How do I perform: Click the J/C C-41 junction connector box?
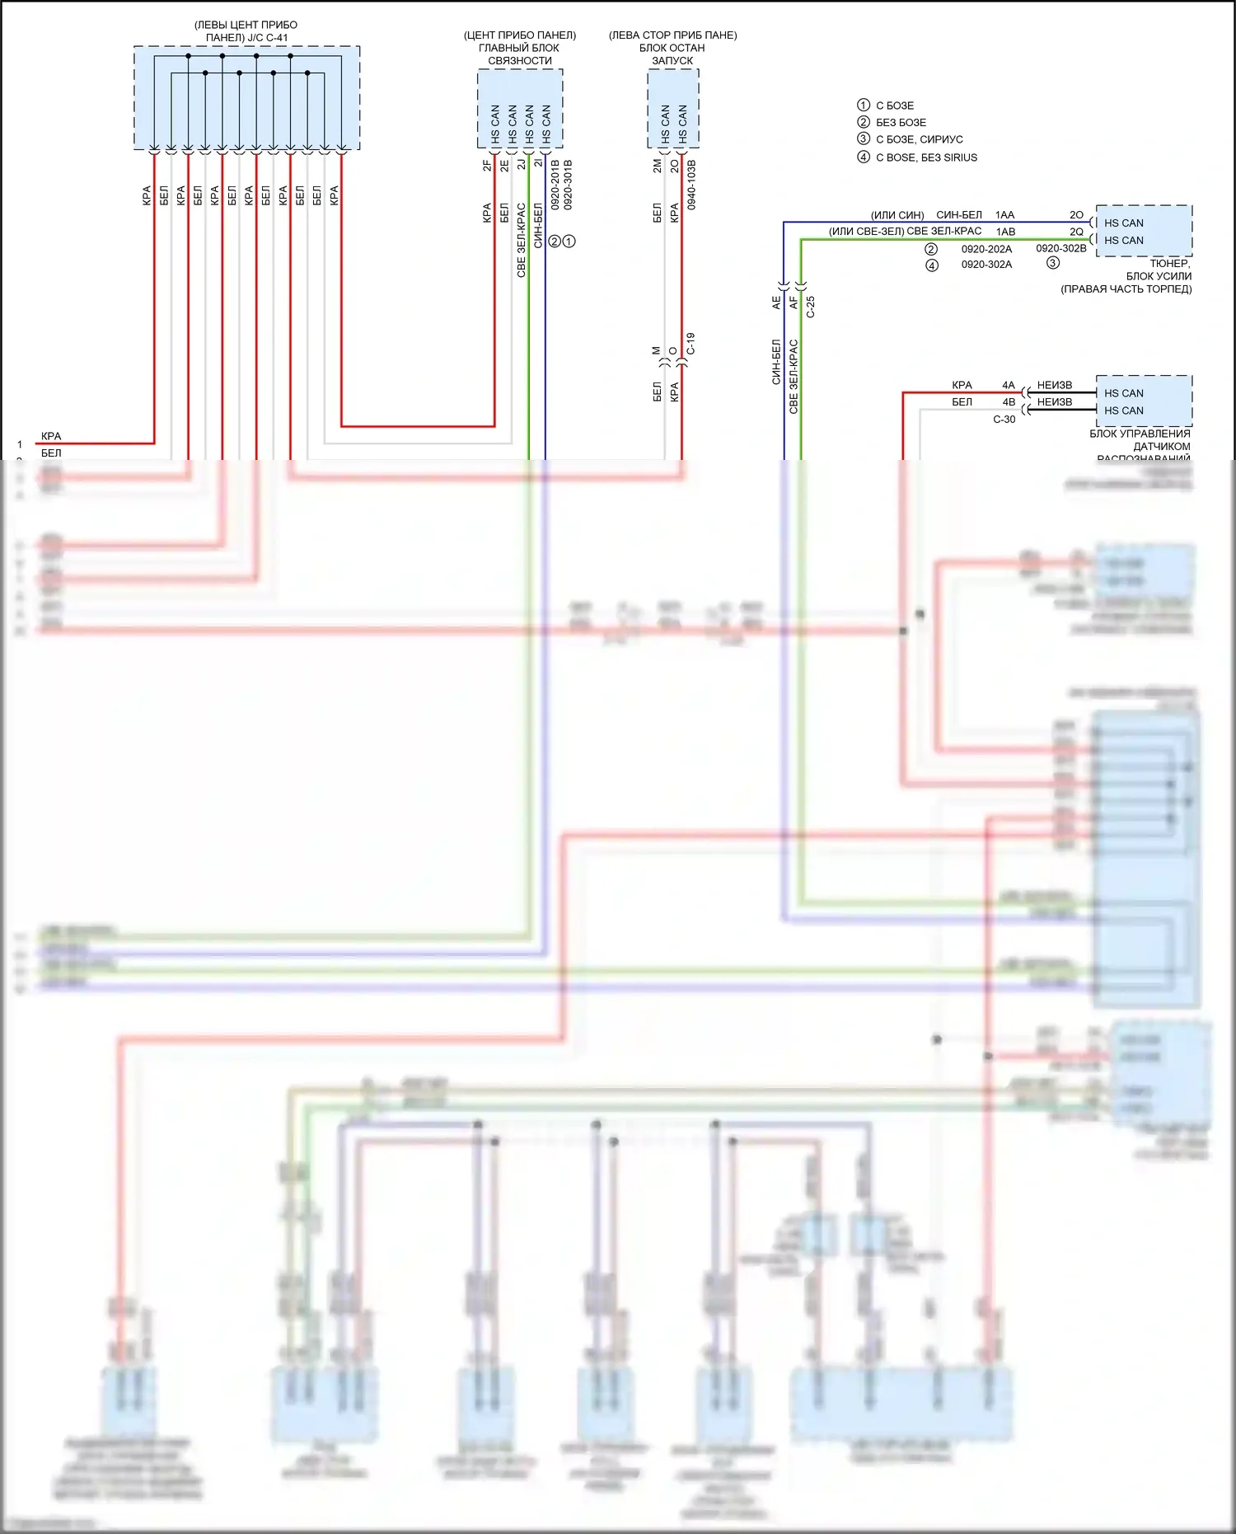[246, 97]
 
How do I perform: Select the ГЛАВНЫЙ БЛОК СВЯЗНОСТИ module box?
[520, 109]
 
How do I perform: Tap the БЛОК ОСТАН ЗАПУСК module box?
[672, 109]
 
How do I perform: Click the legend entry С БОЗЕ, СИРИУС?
[919, 139]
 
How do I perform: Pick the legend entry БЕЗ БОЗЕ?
[901, 122]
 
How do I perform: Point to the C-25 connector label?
[811, 307]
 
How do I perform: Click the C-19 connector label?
[691, 344]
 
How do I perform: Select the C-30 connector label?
[1004, 420]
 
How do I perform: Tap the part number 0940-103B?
[691, 185]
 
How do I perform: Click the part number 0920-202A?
[986, 249]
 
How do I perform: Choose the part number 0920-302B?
[1060, 248]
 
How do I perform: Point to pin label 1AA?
[1004, 215]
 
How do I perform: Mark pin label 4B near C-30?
[1009, 402]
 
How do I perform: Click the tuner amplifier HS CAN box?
[1143, 232]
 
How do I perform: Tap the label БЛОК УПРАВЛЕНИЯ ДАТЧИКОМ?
[1141, 440]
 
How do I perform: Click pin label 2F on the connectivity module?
[487, 165]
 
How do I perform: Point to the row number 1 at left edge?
[20, 444]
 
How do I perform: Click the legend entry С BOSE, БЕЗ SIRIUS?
[926, 157]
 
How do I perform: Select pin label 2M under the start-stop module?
[657, 166]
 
